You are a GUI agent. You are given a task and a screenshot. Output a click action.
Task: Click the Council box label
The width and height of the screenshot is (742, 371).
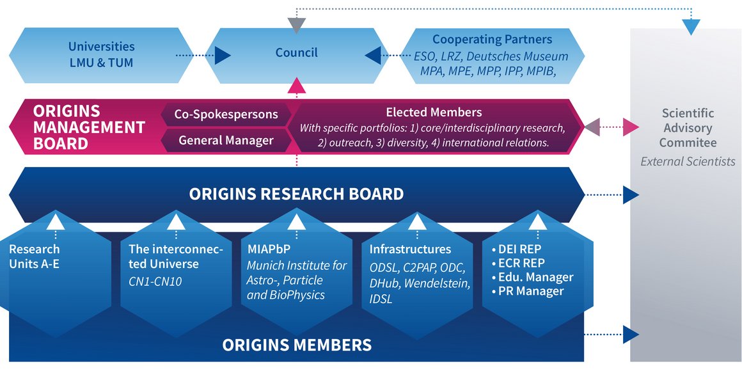296,52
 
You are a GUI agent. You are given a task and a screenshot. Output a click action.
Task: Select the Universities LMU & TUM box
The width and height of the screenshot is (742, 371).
102,55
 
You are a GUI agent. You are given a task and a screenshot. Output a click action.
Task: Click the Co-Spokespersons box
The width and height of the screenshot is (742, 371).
226,114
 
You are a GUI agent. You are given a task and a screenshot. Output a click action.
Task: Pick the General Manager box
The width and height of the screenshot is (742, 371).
226,140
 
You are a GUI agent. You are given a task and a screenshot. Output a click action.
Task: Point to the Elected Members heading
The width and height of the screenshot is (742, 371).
434,113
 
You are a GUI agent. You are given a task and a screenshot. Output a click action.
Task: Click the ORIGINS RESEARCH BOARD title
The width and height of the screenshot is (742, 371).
296,193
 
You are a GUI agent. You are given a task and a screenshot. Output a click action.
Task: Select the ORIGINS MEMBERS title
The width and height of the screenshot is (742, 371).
296,345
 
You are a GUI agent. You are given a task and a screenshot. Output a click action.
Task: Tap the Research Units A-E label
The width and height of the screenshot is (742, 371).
35,256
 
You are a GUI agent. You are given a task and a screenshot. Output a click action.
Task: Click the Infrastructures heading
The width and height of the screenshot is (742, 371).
410,249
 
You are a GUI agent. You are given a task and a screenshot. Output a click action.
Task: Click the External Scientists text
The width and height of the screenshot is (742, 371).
688,161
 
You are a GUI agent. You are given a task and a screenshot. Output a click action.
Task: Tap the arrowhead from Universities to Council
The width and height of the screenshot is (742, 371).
223,56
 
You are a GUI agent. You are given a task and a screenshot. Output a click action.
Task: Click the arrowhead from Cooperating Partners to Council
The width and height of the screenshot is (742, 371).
372,56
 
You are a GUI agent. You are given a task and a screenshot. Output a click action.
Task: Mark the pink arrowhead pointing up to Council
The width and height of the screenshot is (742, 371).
296,86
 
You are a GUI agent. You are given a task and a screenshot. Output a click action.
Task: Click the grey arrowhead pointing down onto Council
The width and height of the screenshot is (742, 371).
296,26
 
